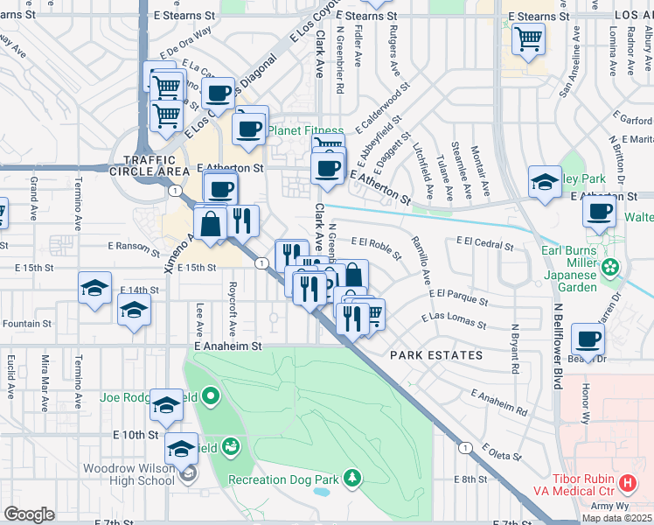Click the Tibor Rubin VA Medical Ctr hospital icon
(x=627, y=483)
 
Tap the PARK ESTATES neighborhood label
(x=436, y=355)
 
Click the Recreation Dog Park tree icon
(x=352, y=478)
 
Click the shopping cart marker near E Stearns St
(x=528, y=39)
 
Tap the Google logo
(x=29, y=514)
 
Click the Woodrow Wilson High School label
(x=129, y=474)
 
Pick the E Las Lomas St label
(x=453, y=320)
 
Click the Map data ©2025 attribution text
(x=616, y=518)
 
